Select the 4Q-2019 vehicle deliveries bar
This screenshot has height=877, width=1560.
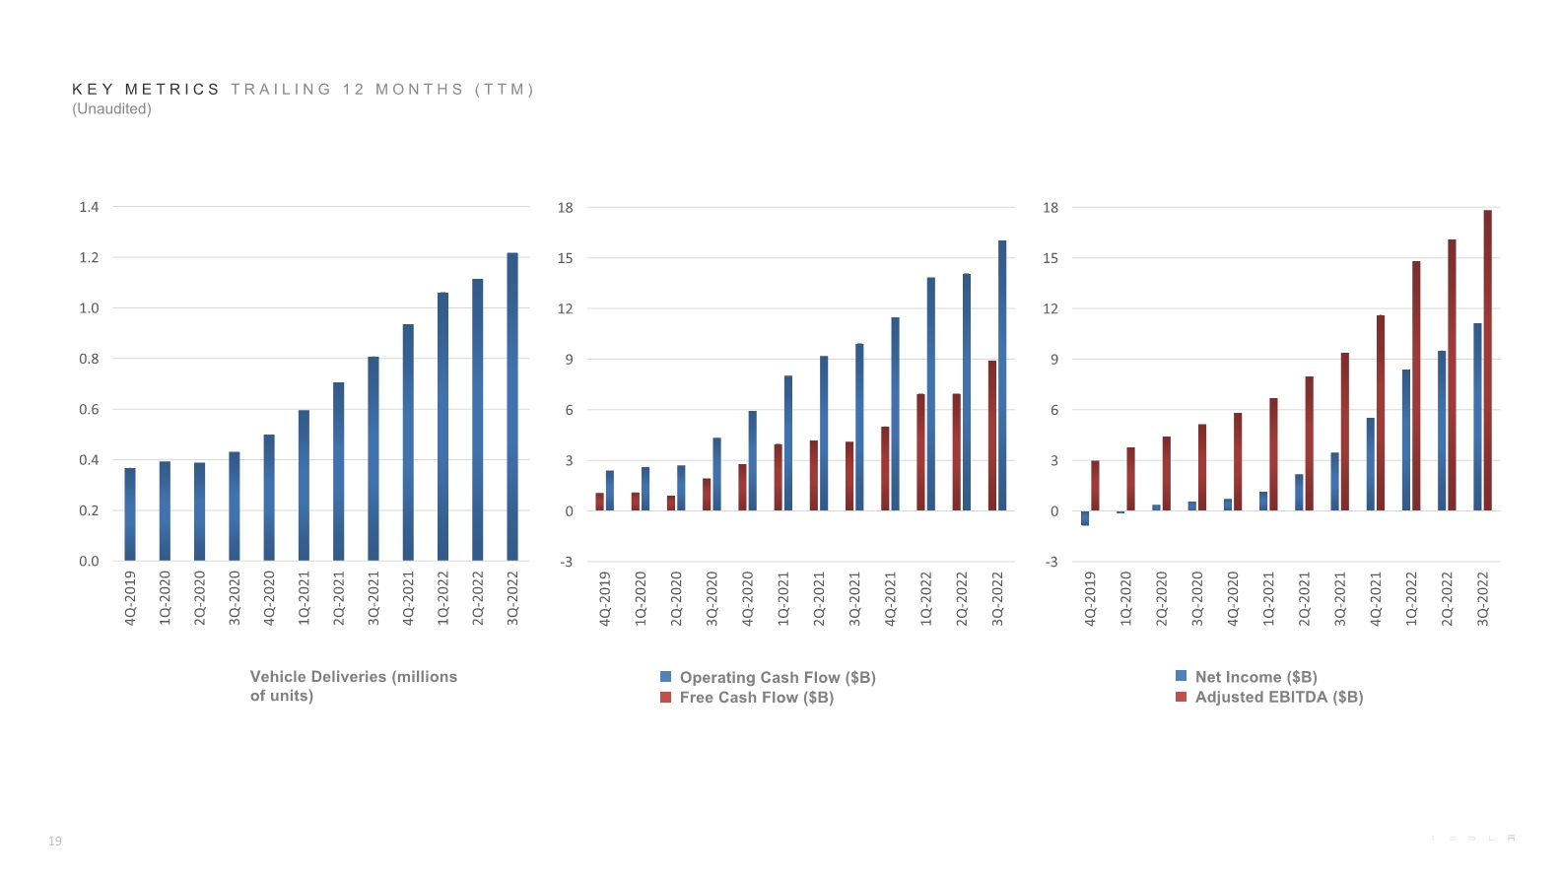[x=130, y=513]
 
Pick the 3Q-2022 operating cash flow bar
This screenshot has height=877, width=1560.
[x=1002, y=374]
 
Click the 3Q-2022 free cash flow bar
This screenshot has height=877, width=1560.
[x=992, y=436]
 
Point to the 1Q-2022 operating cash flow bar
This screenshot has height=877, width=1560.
[x=931, y=393]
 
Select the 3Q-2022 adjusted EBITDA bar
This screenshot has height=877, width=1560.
[x=1488, y=360]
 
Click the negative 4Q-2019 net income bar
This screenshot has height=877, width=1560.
[x=1085, y=518]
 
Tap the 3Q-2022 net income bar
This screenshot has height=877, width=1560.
[x=1477, y=417]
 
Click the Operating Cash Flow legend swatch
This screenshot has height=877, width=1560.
[x=666, y=677]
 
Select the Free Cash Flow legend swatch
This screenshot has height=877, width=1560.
[x=666, y=698]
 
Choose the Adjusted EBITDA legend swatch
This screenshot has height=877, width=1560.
[x=1181, y=697]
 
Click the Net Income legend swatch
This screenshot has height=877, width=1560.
[x=1181, y=676]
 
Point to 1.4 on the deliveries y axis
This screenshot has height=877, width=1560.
[x=89, y=207]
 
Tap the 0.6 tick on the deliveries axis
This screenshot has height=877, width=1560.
[x=89, y=410]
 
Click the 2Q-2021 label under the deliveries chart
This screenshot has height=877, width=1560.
[x=339, y=597]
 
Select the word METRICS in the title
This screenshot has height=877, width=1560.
[x=172, y=90]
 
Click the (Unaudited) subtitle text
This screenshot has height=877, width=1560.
[x=111, y=109]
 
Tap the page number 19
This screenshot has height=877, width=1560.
[x=55, y=842]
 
